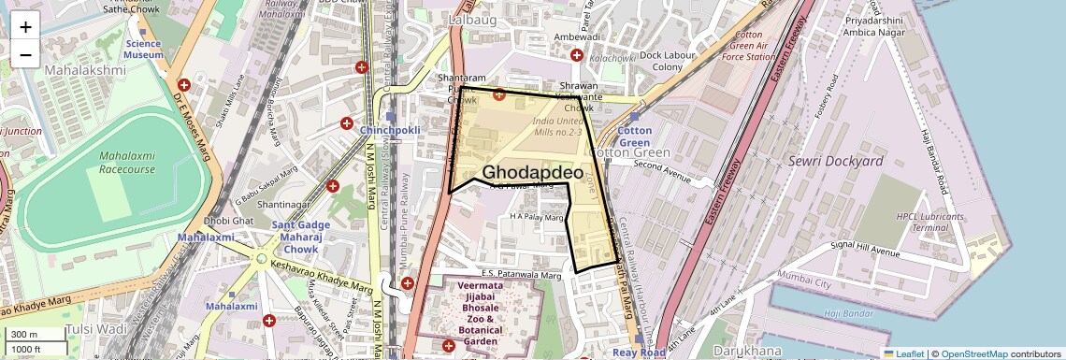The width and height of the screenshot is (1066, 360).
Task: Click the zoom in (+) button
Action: (x=25, y=26)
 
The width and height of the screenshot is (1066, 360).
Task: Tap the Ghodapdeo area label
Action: (x=532, y=173)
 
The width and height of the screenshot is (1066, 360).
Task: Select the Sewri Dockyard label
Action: (x=837, y=162)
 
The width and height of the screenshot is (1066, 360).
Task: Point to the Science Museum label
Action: (x=143, y=50)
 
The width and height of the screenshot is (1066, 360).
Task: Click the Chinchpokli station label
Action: (x=390, y=130)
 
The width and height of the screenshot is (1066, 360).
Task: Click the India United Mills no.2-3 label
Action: (x=559, y=127)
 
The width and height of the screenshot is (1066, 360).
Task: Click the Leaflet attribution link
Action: (x=902, y=353)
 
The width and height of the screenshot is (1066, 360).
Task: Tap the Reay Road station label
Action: (x=639, y=353)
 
